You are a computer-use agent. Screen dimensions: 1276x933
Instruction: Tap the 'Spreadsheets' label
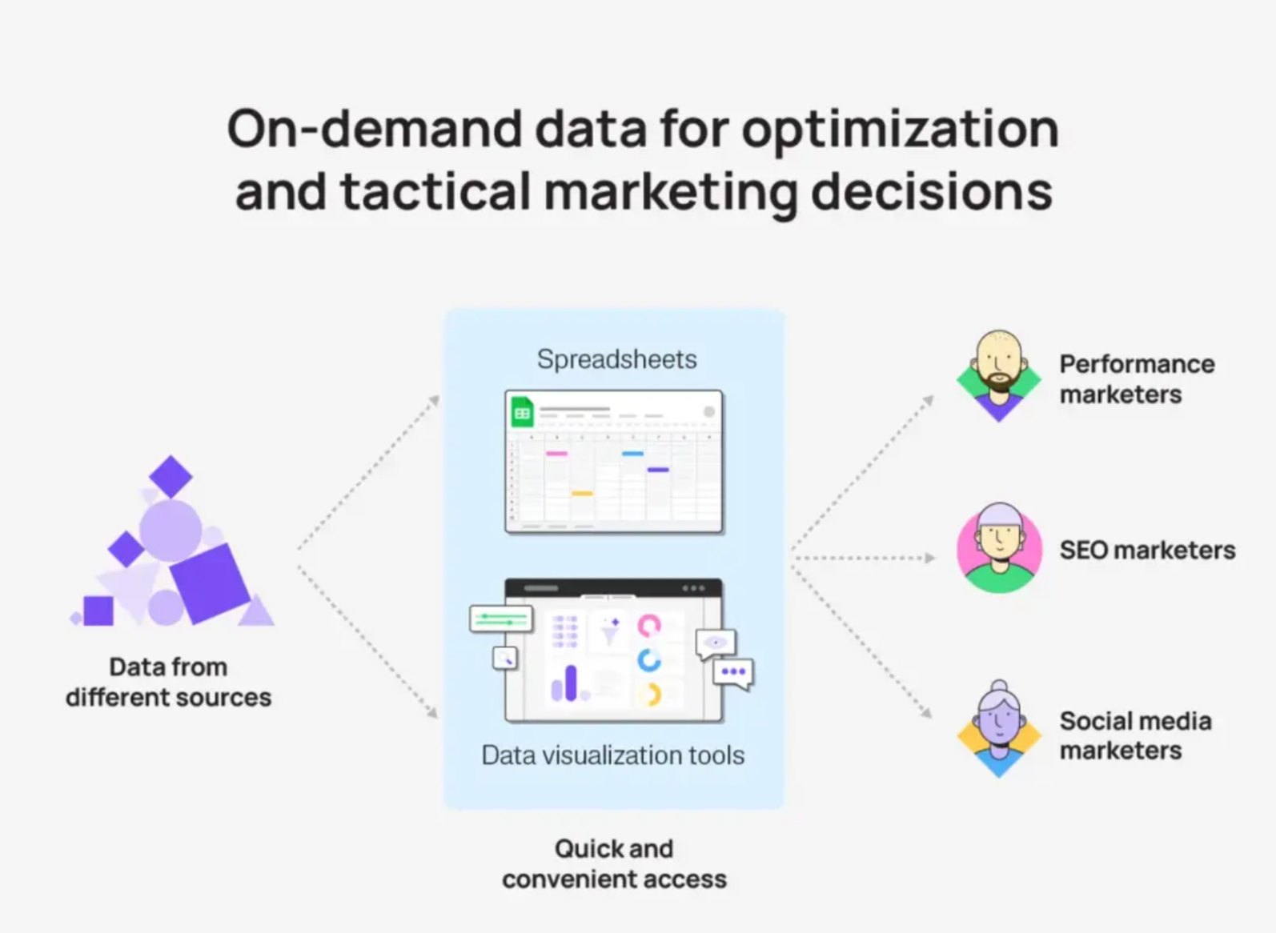coord(617,360)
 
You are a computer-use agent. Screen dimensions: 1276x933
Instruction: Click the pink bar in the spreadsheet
coord(556,454)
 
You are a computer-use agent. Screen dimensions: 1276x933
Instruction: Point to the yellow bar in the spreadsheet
coord(582,494)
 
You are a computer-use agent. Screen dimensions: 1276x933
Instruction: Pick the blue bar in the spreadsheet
coord(632,454)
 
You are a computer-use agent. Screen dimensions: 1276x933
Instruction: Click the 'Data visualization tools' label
coord(613,755)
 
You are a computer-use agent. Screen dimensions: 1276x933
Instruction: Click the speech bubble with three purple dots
coord(734,674)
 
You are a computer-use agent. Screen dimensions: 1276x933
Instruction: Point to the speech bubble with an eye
coord(716,644)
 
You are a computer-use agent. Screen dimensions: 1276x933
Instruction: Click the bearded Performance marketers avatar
coord(999,376)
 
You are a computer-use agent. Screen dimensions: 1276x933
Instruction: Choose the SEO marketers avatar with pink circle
coord(999,548)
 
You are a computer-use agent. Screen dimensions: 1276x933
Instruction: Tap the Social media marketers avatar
coord(999,730)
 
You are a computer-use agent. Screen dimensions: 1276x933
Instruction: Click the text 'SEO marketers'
coord(1147,551)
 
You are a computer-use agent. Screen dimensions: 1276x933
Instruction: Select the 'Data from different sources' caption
coord(169,682)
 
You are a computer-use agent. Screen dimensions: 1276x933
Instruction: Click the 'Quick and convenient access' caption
coord(614,864)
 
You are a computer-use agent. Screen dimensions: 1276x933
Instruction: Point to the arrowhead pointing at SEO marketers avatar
coord(929,558)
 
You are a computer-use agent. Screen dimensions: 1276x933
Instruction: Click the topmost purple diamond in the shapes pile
coord(171,476)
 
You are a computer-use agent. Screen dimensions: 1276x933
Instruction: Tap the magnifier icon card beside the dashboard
coord(504,659)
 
